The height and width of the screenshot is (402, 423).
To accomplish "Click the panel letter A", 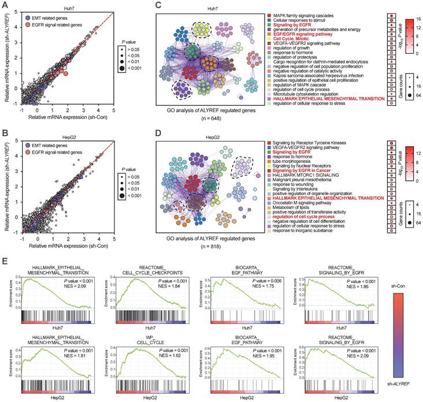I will pyautogui.click(x=5, y=5).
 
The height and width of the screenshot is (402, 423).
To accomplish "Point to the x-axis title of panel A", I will pyautogui.click(x=68, y=117).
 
